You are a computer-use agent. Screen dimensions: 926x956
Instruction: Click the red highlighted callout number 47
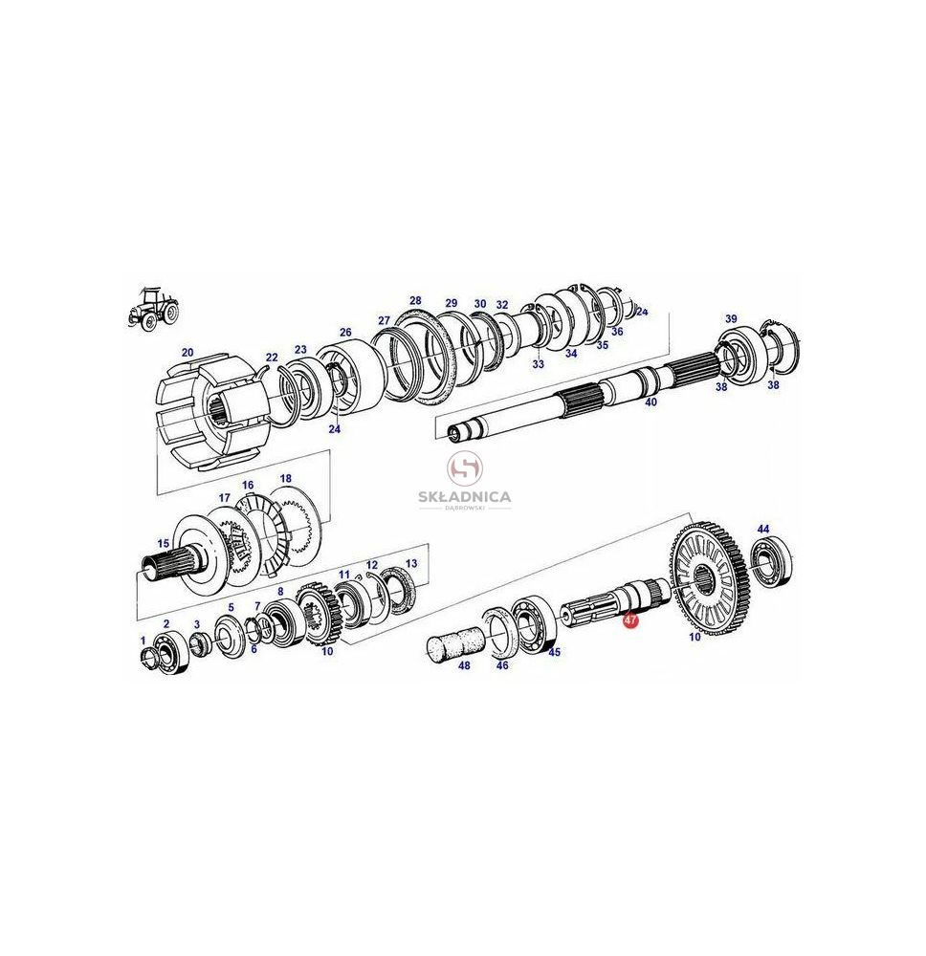[x=630, y=620]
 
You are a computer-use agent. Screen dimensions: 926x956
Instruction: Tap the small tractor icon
[x=154, y=309]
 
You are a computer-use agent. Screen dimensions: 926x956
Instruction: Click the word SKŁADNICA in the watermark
[x=465, y=497]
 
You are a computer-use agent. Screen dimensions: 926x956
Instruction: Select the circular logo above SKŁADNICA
[x=465, y=468]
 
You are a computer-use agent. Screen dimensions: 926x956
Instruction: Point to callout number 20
[x=187, y=353]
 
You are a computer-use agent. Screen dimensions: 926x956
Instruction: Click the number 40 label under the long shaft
[x=650, y=402]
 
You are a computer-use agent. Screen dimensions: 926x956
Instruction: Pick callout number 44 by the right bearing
[x=763, y=530]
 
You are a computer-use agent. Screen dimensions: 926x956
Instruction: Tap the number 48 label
[x=464, y=665]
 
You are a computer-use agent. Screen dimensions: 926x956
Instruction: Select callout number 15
[x=164, y=543]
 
